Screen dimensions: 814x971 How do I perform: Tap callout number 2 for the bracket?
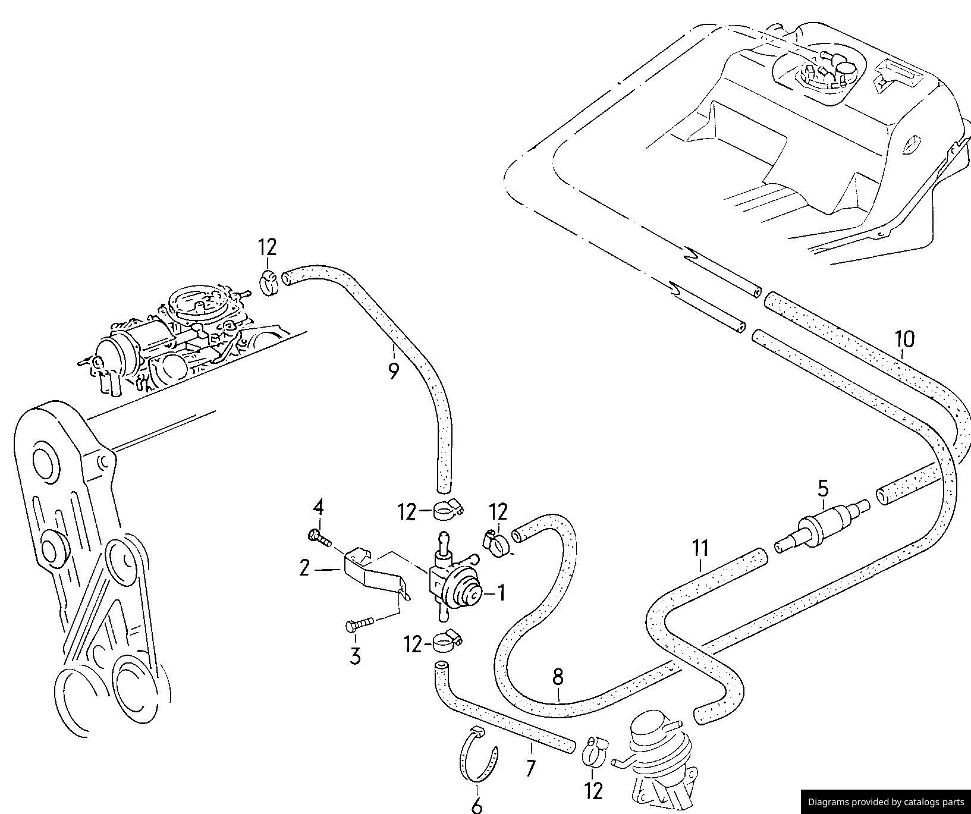tap(304, 568)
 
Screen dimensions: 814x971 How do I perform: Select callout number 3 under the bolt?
tap(355, 656)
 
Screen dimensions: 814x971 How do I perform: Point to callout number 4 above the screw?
tap(319, 508)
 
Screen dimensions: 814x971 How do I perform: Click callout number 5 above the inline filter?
tap(823, 489)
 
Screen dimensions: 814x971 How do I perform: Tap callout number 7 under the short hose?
tap(531, 768)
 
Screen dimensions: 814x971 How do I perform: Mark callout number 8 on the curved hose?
tap(558, 677)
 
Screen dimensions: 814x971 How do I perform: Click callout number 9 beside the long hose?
tap(393, 372)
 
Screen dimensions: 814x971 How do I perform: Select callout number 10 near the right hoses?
tap(904, 340)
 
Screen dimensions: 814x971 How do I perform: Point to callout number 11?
tap(701, 548)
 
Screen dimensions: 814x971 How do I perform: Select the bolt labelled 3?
tap(359, 624)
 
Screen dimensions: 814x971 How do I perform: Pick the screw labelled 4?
tap(319, 537)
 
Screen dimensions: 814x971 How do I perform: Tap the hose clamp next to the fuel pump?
tap(594, 752)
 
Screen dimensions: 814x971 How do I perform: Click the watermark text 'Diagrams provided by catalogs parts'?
tap(885, 802)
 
